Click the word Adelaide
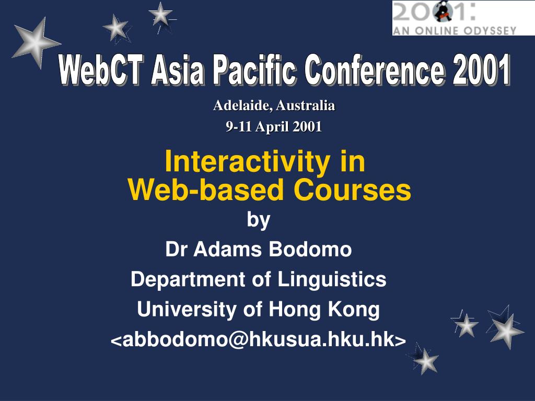242,105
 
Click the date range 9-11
238,126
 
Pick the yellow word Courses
352,190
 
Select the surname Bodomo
310,249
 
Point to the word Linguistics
332,280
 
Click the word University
187,310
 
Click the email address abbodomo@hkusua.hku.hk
258,339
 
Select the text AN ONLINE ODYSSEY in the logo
455,31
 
